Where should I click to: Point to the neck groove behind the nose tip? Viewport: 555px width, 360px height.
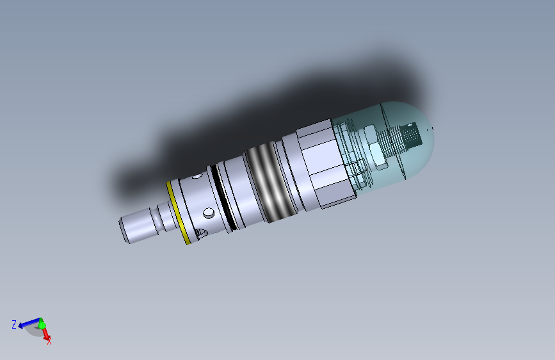point(166,217)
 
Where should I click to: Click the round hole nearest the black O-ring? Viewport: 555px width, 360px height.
point(209,212)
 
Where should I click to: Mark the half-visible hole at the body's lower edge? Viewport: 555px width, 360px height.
point(200,234)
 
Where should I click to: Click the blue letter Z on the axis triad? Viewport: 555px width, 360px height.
point(14,325)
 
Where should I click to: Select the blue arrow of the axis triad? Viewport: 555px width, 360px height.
point(28,325)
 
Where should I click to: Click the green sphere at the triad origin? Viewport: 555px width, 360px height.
point(42,325)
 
